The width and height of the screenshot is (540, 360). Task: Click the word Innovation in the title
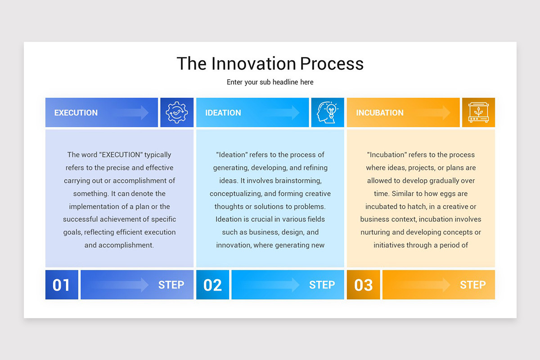[x=254, y=63]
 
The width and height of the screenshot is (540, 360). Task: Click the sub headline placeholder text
[x=270, y=82]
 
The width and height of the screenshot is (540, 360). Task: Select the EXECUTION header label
[x=76, y=113]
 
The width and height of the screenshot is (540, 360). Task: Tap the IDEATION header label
[x=223, y=113]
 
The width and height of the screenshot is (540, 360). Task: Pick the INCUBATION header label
[x=380, y=113]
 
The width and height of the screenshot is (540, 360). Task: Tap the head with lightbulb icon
[x=328, y=112]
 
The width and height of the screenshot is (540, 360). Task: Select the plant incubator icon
[x=478, y=112]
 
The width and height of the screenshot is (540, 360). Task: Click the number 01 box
[x=62, y=285]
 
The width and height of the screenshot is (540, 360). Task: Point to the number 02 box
[x=212, y=285]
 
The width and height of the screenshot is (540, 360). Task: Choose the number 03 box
[x=363, y=285]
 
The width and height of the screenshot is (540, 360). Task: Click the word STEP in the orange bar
[x=472, y=285]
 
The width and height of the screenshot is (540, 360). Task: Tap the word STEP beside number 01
[x=171, y=285]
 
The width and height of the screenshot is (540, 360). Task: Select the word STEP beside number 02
[x=322, y=285]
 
